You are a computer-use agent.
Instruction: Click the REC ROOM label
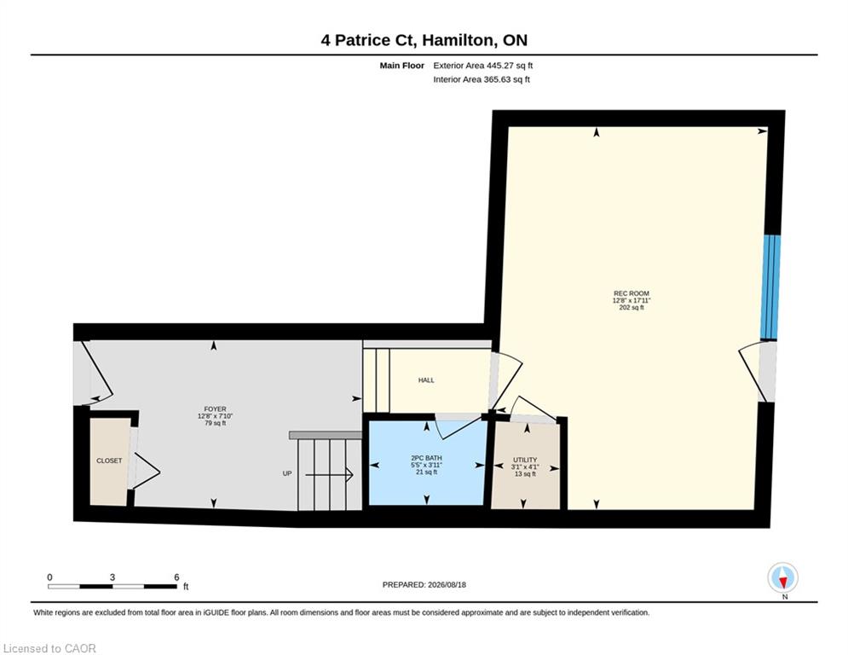(632, 293)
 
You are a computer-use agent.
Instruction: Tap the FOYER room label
(216, 409)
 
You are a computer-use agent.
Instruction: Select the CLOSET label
(109, 461)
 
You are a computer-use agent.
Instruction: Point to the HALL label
(426, 380)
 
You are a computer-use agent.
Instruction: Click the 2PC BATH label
(427, 458)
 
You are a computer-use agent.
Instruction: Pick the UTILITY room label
(525, 461)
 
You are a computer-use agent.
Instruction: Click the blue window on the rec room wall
(770, 287)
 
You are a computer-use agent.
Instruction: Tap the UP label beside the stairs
(287, 473)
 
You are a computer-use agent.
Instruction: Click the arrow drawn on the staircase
(329, 475)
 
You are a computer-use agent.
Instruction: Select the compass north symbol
(782, 578)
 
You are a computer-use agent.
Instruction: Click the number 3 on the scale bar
(112, 577)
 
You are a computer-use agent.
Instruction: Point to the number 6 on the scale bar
(176, 577)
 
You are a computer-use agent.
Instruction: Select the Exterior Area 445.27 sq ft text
(483, 66)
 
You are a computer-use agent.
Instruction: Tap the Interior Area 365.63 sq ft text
(482, 79)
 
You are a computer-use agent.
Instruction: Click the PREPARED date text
(424, 584)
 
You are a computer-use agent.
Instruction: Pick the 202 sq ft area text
(632, 308)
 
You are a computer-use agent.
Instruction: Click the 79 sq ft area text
(216, 423)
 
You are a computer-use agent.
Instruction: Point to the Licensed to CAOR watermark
(49, 648)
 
